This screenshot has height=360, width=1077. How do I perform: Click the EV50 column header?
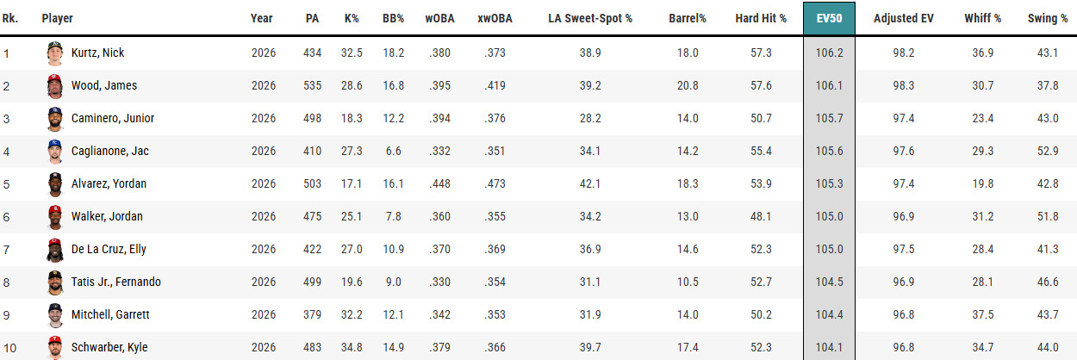(x=829, y=18)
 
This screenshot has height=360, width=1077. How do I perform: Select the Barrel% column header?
(x=687, y=18)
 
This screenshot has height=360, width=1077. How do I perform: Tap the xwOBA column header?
(x=495, y=18)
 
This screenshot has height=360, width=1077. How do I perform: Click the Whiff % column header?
(x=982, y=18)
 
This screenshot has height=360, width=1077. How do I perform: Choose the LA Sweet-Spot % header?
(x=590, y=18)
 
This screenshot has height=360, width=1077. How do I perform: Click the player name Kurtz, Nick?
(x=97, y=53)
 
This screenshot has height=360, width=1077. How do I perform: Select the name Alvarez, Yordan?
(x=109, y=183)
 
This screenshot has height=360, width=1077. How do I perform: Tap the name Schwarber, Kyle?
(x=109, y=346)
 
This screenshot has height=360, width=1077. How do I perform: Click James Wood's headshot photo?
(x=55, y=86)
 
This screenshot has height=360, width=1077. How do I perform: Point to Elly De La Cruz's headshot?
(x=55, y=250)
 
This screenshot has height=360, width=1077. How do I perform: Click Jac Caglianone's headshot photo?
(x=55, y=152)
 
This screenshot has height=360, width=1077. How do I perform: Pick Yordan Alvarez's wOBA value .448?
(x=439, y=183)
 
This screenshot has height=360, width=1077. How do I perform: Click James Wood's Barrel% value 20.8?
(x=688, y=85)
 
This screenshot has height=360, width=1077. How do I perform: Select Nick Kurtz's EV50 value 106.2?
(x=829, y=53)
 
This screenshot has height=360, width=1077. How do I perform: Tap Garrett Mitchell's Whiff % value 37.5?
(x=982, y=314)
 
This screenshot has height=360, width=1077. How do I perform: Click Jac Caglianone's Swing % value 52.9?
(x=1048, y=151)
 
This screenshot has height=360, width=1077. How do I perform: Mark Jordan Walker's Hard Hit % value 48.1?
(x=761, y=216)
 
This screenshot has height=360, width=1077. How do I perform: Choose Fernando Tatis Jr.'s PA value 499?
(x=312, y=282)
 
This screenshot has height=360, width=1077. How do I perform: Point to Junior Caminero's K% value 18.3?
(x=352, y=118)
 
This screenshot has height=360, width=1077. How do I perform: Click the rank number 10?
(x=9, y=347)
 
